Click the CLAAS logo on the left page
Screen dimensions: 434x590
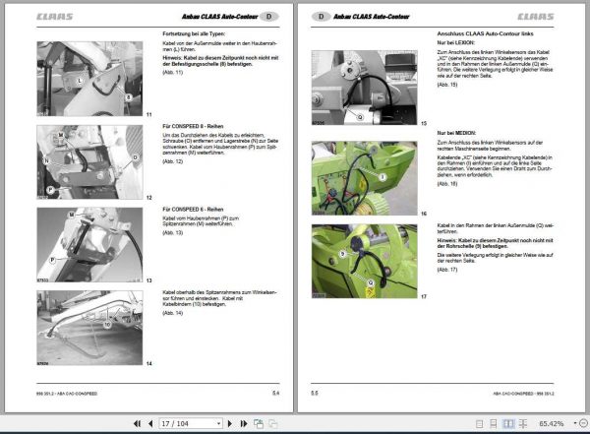click(51, 17)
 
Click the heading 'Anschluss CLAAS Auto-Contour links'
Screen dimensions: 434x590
click(476, 34)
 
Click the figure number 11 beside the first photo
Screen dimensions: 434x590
click(147, 114)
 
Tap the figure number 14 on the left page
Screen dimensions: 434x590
click(147, 363)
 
